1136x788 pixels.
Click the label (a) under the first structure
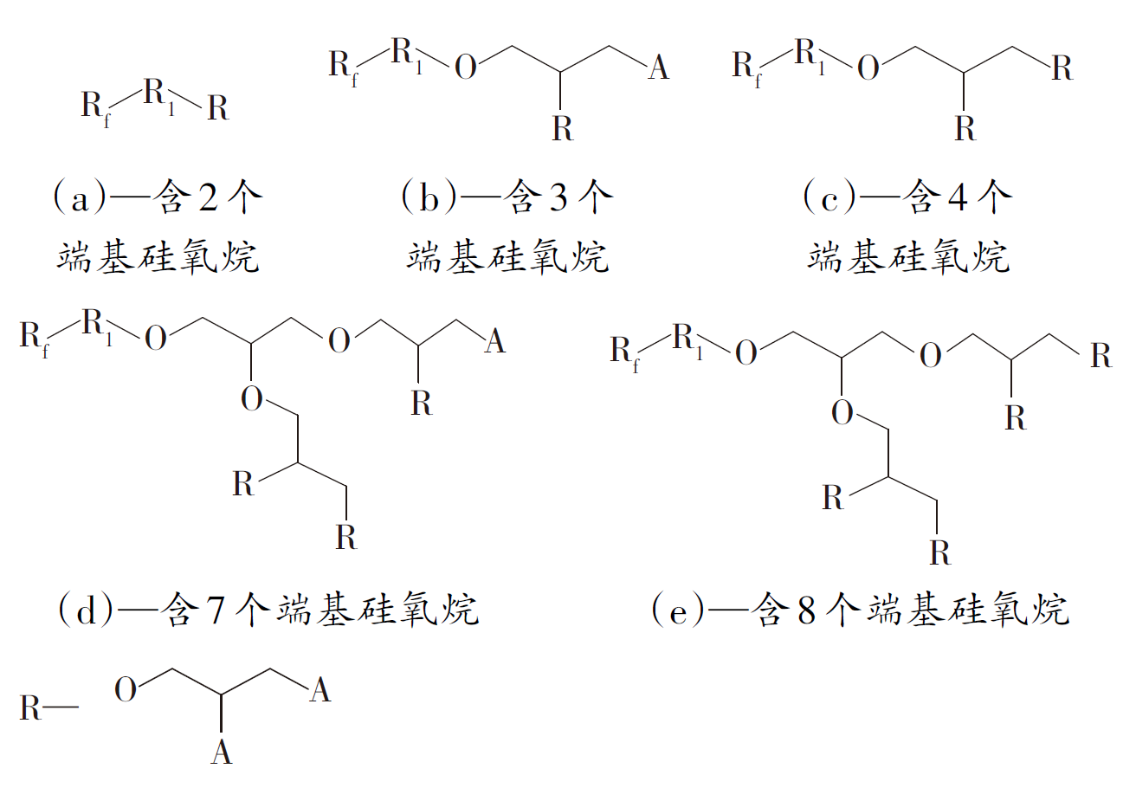point(81,197)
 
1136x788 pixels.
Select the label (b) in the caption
point(429,197)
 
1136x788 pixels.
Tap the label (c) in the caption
point(829,197)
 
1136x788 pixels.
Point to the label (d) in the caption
point(86,610)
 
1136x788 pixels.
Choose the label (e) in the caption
point(678,610)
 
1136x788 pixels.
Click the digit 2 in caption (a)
point(209,197)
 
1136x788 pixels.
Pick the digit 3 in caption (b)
point(558,197)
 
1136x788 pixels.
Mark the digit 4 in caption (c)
point(958,197)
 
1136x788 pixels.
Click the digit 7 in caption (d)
point(216,610)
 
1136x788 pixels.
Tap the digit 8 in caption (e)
point(806,610)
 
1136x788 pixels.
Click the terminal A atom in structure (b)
point(659,67)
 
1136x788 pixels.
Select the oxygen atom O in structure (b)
point(466,67)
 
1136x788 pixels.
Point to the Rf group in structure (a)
point(96,108)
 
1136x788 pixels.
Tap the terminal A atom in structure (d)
point(495,340)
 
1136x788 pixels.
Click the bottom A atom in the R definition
point(221,752)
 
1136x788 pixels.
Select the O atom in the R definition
point(126,689)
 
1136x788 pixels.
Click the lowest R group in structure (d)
point(346,537)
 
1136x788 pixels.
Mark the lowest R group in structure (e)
point(939,552)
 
